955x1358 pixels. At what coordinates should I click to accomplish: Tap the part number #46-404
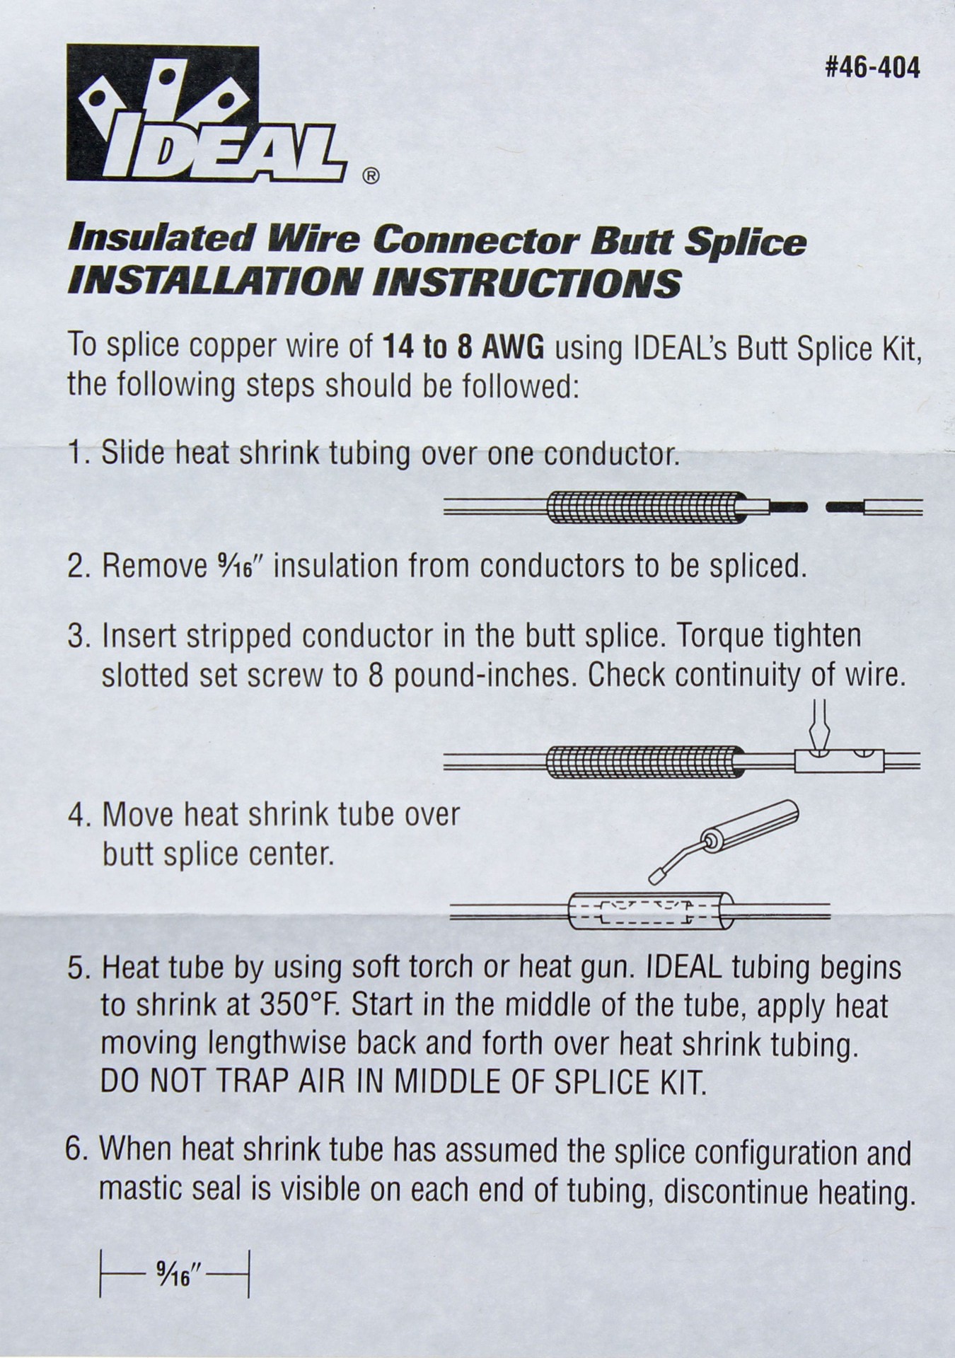click(x=872, y=69)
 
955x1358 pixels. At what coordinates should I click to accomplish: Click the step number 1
click(x=76, y=452)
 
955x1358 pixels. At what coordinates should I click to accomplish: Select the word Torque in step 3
click(x=717, y=636)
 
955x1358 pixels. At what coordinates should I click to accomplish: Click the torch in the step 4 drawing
click(x=750, y=828)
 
